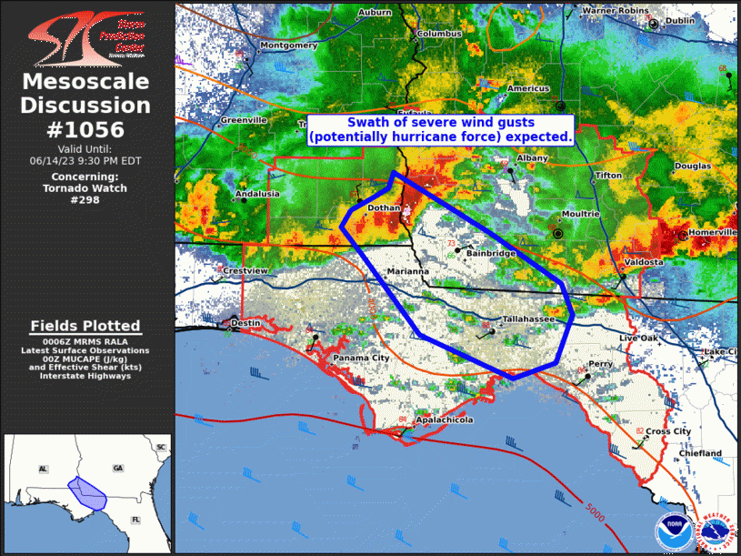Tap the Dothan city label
tap(383, 208)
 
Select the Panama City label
tap(361, 359)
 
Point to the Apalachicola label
tap(444, 421)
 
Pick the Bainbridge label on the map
tap(490, 252)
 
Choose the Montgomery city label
tap(288, 45)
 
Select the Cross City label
tap(668, 431)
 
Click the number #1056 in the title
tap(85, 129)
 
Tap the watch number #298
tap(85, 199)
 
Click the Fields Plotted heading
tap(85, 326)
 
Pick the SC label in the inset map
tap(161, 448)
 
